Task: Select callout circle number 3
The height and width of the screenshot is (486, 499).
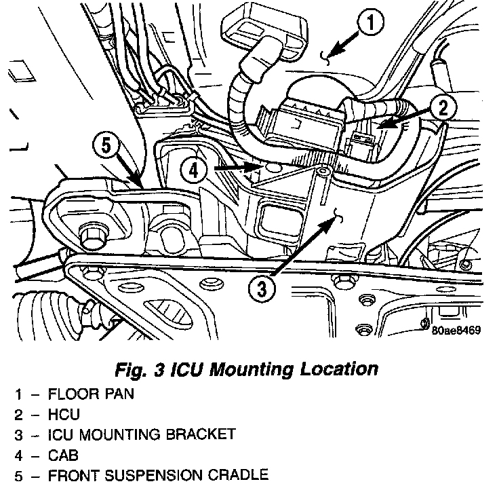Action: coord(262,291)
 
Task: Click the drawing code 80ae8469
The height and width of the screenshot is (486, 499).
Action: coord(455,332)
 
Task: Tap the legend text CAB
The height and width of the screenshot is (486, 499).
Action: coord(64,453)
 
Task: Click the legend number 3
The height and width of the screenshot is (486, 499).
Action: coord(20,434)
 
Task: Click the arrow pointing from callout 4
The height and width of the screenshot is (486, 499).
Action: coord(237,166)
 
